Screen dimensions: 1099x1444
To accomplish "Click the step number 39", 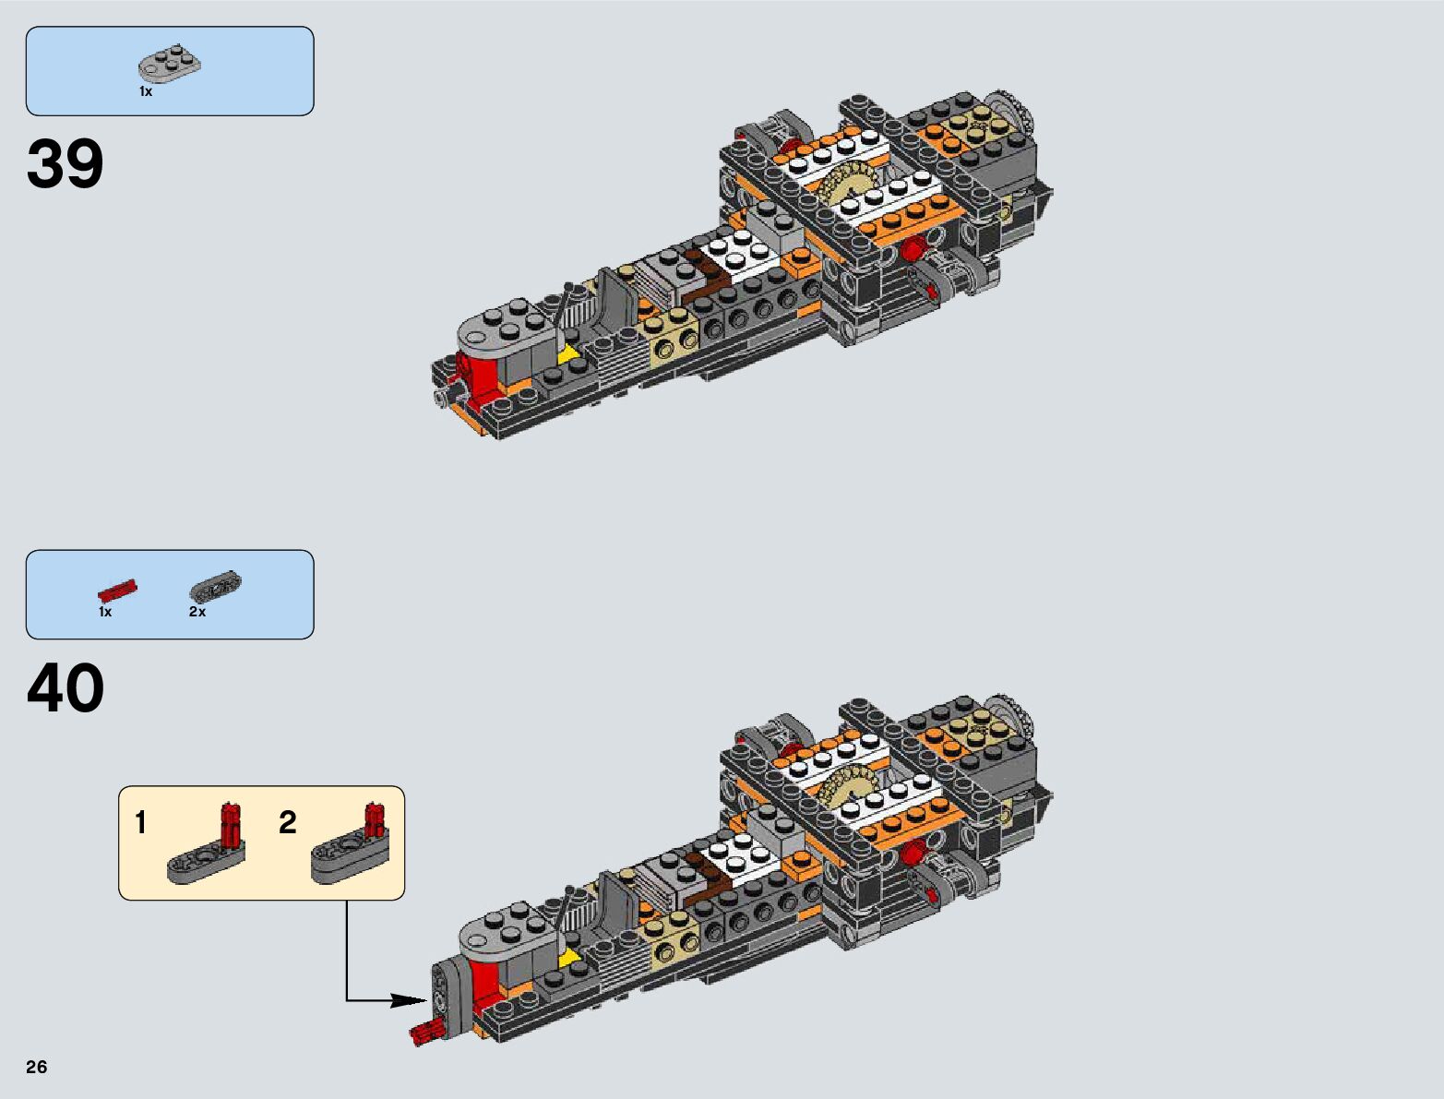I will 66,165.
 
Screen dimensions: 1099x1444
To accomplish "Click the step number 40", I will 66,689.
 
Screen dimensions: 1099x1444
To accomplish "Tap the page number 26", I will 36,1067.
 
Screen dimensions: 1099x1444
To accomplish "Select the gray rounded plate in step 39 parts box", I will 170,66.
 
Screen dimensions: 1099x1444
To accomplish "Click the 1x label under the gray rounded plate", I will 146,92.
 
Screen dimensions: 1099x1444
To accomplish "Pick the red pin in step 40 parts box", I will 117,591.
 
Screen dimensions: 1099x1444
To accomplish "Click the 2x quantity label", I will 197,612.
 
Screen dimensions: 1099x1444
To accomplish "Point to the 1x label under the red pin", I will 105,612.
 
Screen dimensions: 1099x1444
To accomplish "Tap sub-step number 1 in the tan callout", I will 140,822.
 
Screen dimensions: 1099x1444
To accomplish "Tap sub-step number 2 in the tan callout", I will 288,822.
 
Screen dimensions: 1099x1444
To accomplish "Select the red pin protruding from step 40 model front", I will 424,1033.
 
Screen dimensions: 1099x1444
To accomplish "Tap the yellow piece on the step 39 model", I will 568,352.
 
